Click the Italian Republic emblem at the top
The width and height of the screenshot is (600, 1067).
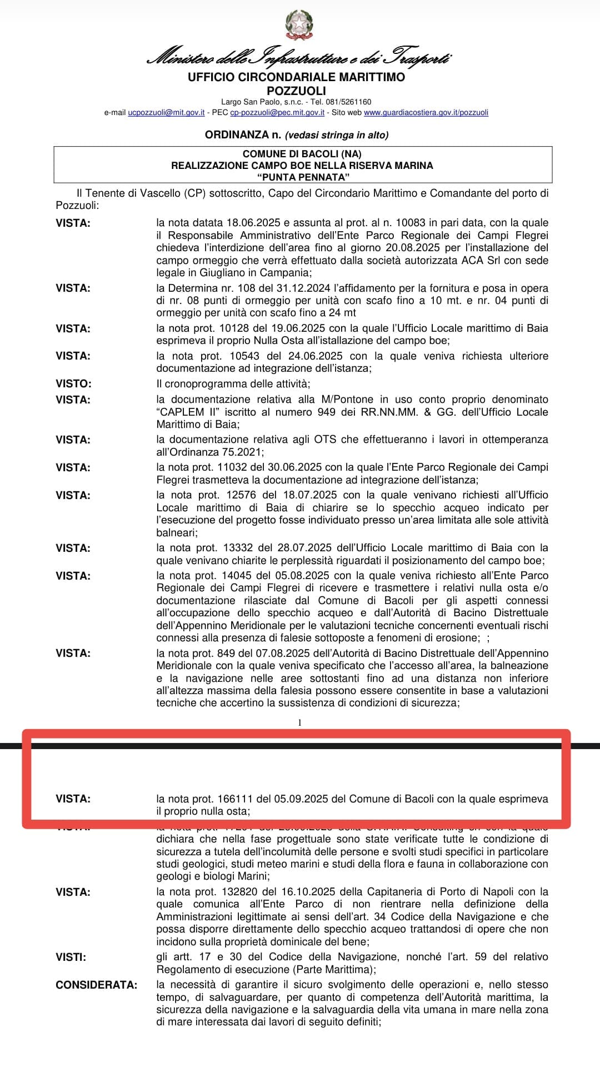coord(299,25)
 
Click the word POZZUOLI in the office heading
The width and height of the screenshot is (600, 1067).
coord(296,91)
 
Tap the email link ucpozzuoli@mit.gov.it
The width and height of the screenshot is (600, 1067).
coord(166,112)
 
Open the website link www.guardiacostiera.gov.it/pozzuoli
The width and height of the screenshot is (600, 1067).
coord(426,112)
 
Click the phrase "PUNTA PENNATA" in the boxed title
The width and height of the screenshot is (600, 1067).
coord(303,177)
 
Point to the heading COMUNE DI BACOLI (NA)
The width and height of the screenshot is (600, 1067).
coord(302,153)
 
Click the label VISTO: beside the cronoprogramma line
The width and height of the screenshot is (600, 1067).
coord(73,383)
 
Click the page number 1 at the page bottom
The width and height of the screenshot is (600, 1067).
coord(299,722)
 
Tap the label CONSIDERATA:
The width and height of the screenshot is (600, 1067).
coord(96,985)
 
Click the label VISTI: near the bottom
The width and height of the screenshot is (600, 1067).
coord(71,957)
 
